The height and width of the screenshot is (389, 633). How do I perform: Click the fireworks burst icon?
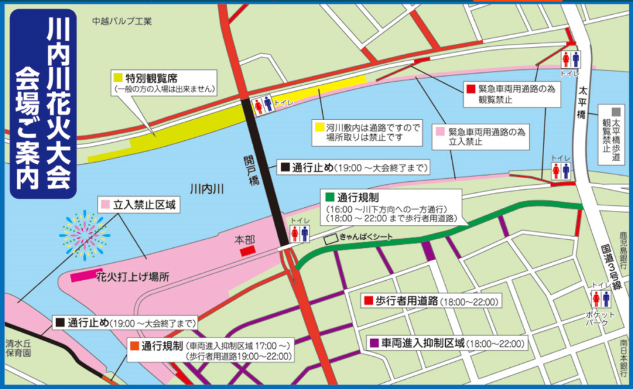point(85,234)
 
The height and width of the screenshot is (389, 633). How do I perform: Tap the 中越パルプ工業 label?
point(122,21)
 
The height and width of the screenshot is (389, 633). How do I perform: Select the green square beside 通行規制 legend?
point(329,199)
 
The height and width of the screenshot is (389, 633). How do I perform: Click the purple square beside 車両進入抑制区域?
point(374,343)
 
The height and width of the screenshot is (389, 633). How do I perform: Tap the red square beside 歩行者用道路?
point(368,301)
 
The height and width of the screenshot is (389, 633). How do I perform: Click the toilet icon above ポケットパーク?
point(601,299)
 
